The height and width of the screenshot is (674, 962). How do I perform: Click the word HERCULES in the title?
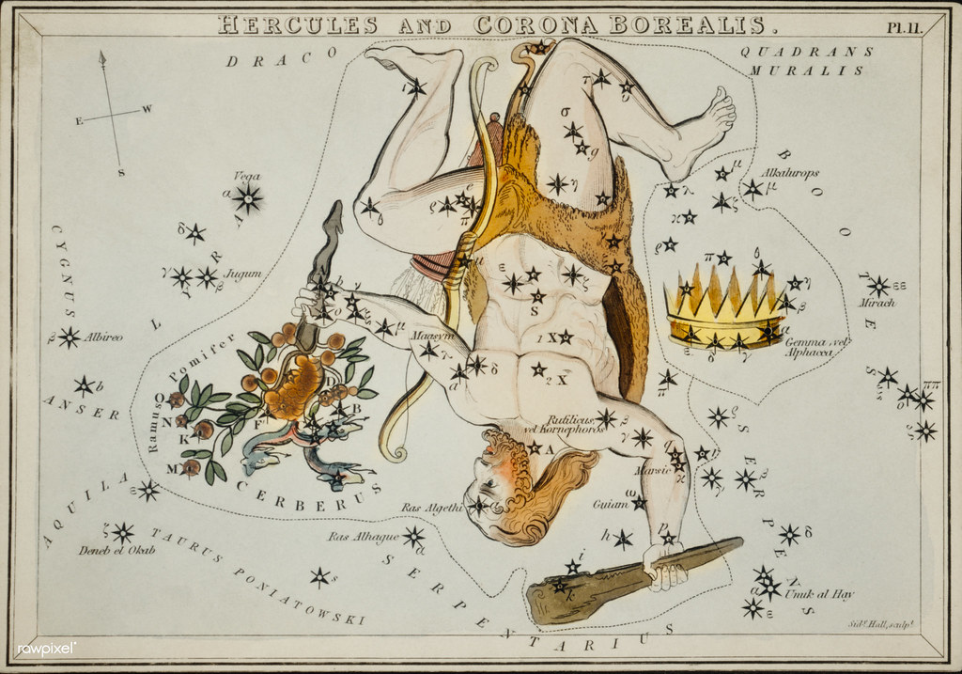[x=298, y=24]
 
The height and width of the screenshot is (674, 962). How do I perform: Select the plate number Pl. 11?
[x=905, y=26]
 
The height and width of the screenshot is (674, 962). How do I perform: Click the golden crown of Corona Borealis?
[x=724, y=306]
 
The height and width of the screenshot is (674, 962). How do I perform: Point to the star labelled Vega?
[x=248, y=197]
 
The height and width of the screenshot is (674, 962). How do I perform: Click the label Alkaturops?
[x=791, y=173]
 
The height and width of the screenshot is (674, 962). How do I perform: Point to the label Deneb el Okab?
[x=116, y=551]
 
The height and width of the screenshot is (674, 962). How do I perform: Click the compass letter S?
[x=121, y=172]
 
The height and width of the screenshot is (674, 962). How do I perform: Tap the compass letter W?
[x=147, y=108]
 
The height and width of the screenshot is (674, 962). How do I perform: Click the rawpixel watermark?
[x=46, y=648]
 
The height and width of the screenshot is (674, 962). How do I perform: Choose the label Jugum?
[x=242, y=274]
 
